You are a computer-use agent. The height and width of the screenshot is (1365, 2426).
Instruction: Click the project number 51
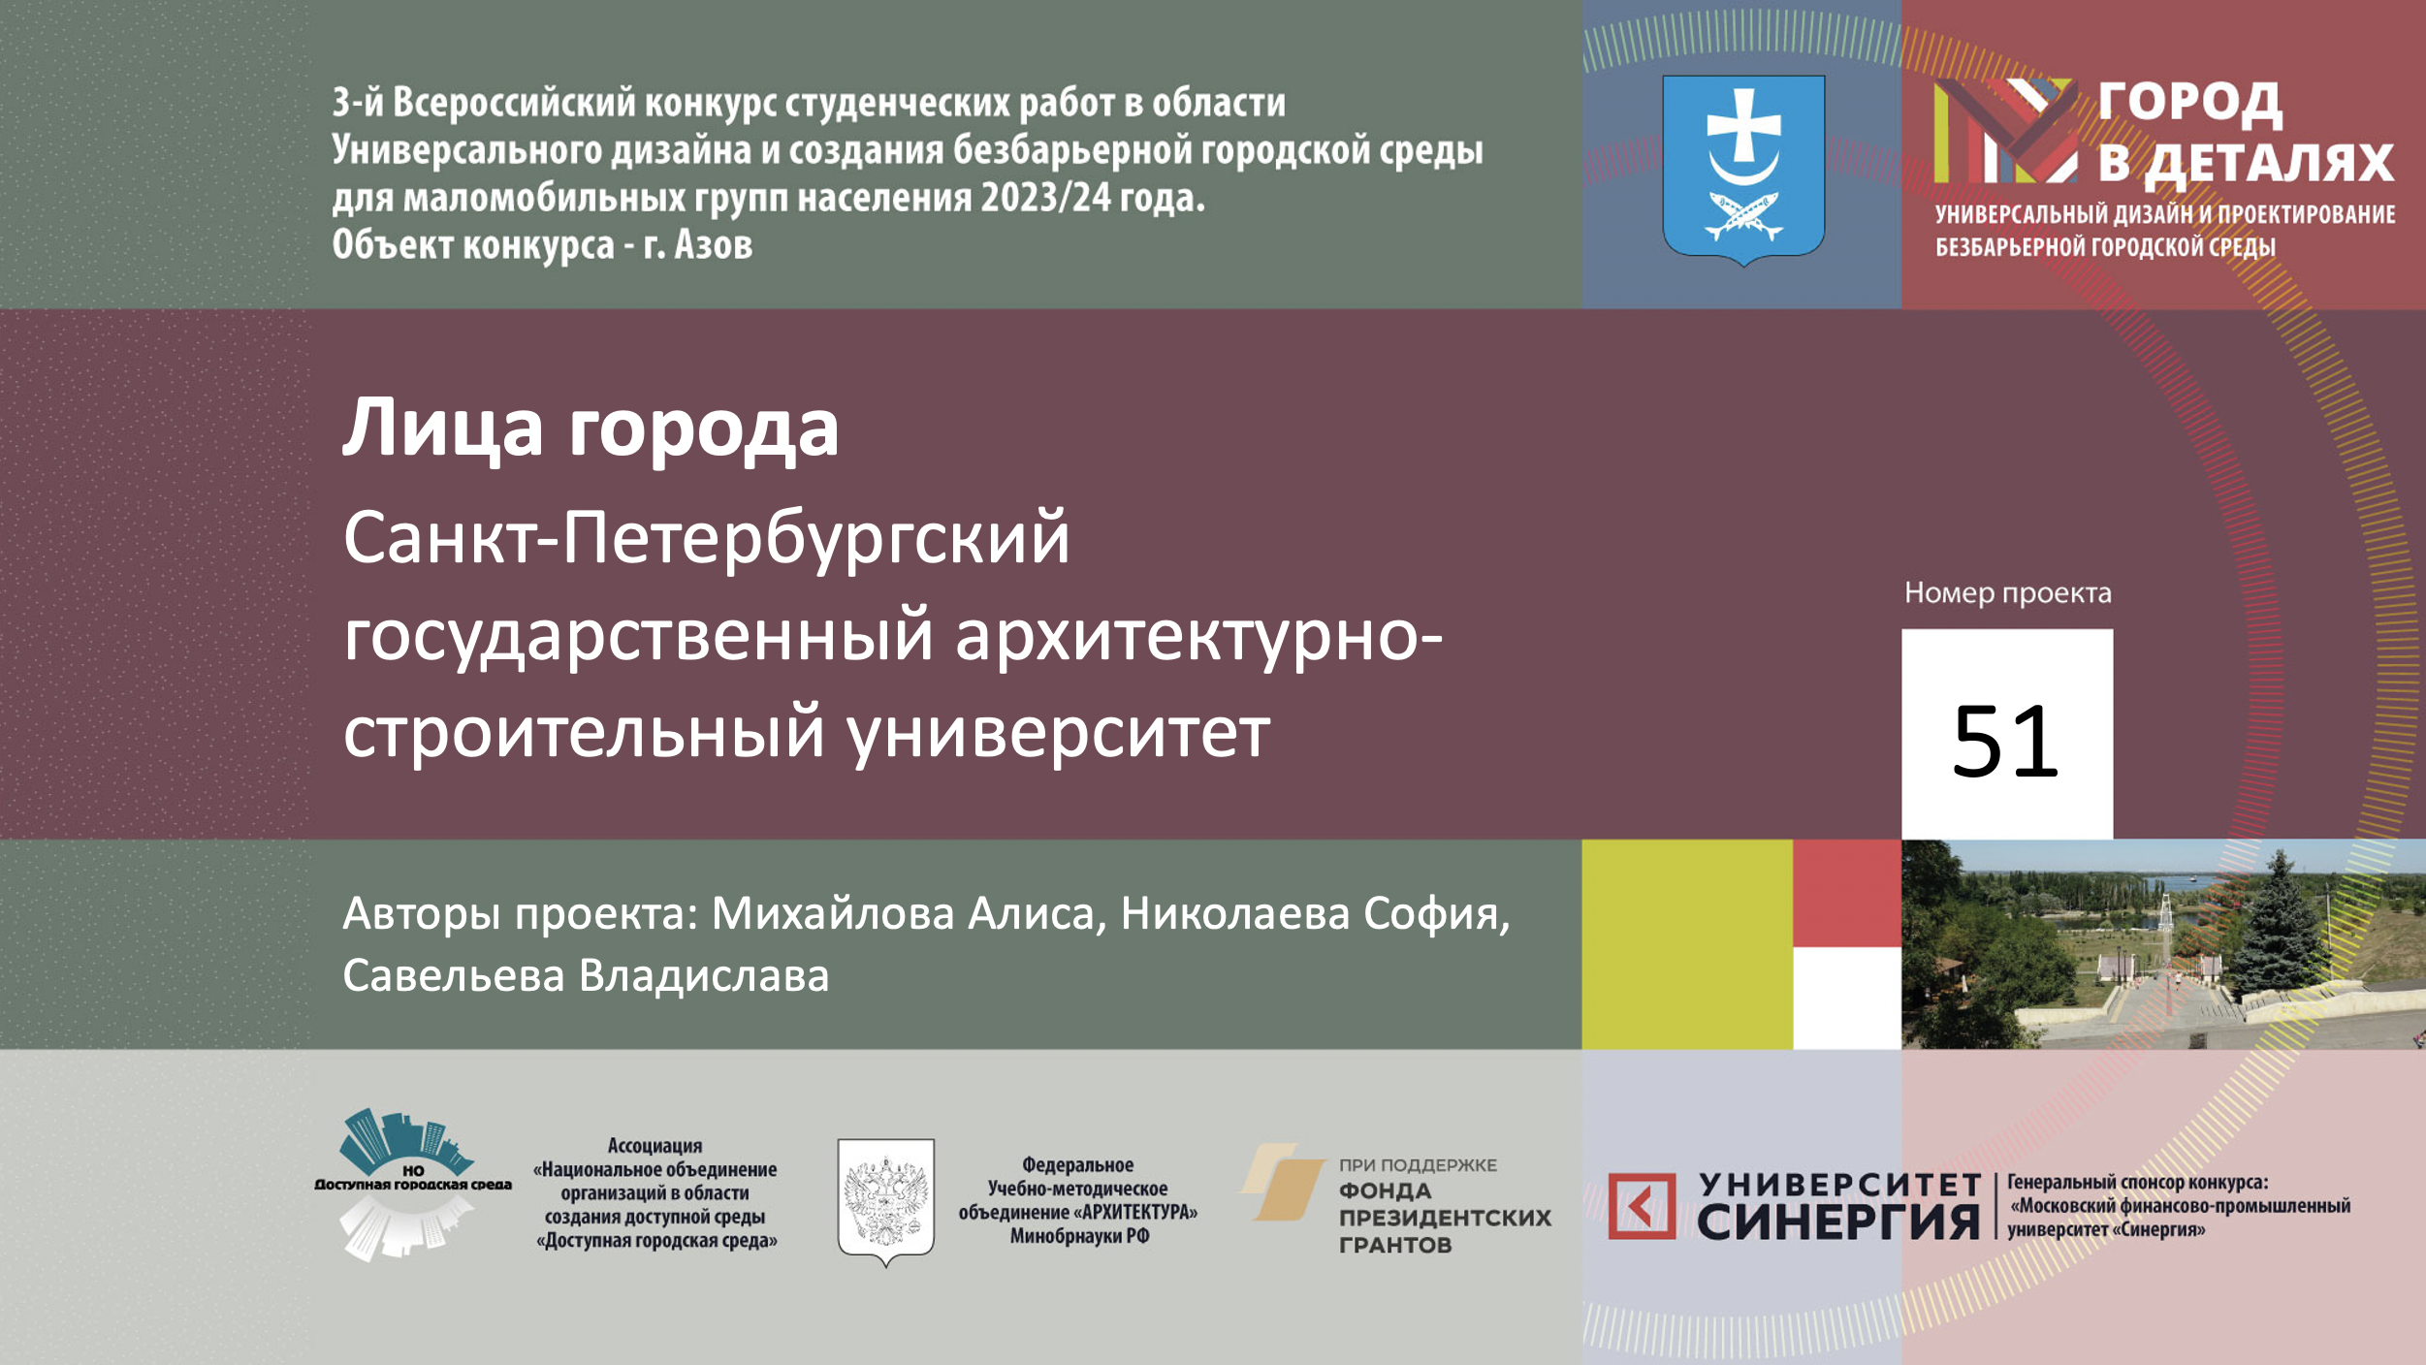(2005, 742)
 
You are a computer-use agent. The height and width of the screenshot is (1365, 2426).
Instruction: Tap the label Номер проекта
(2007, 593)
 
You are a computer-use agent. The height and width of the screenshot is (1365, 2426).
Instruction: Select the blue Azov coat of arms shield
(1743, 171)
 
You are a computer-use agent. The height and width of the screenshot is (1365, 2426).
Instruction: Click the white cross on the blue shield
(1743, 126)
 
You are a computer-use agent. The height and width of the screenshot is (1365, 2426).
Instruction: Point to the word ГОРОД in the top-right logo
(2190, 104)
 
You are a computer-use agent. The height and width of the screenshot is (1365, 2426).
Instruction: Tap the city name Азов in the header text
(714, 245)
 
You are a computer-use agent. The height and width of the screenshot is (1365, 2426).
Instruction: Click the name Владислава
(704, 975)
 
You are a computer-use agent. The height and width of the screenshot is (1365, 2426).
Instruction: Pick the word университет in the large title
(1059, 735)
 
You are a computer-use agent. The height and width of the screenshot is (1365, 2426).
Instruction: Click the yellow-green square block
(1687, 944)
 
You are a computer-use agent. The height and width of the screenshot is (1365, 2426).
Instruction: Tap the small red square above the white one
(1847, 893)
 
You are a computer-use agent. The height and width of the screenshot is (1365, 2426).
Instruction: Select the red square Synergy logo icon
(1642, 1206)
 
